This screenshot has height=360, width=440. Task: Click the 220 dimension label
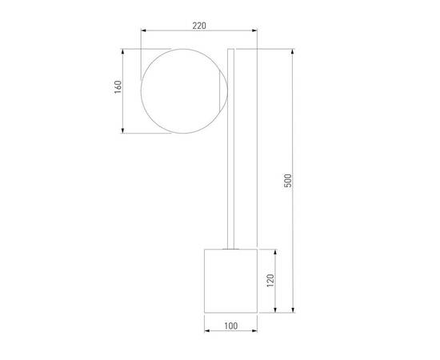(x=199, y=26)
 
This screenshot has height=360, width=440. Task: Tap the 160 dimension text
(x=118, y=87)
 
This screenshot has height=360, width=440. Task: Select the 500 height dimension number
(x=288, y=181)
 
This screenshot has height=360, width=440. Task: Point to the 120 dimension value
(x=270, y=281)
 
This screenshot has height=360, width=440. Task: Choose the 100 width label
(x=231, y=326)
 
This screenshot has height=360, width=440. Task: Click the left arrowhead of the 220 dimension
(x=143, y=30)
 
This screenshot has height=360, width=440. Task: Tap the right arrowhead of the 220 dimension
(x=254, y=30)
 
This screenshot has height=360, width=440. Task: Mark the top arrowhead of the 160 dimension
(x=122, y=52)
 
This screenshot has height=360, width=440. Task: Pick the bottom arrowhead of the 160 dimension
(x=122, y=130)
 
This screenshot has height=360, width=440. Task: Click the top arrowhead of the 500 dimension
(x=293, y=52)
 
